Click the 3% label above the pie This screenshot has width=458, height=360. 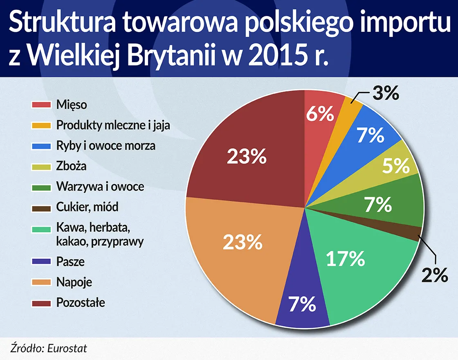(x=385, y=94)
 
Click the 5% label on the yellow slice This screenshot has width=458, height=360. (x=395, y=166)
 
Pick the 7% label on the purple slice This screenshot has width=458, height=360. (x=302, y=304)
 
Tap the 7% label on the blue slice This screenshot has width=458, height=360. (x=370, y=135)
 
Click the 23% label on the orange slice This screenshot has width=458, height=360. (x=242, y=242)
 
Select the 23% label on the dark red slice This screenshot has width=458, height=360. (x=247, y=157)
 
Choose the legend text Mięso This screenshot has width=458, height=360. (x=71, y=104)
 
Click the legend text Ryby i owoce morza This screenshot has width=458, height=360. (x=106, y=146)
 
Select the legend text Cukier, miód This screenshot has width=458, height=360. (x=87, y=207)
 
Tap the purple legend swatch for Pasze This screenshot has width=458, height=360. (x=41, y=261)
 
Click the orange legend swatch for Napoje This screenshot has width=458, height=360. (x=41, y=282)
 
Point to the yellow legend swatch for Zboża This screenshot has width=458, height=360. (x=41, y=166)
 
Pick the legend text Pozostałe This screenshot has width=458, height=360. (x=81, y=303)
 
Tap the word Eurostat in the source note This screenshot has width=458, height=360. (x=67, y=349)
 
